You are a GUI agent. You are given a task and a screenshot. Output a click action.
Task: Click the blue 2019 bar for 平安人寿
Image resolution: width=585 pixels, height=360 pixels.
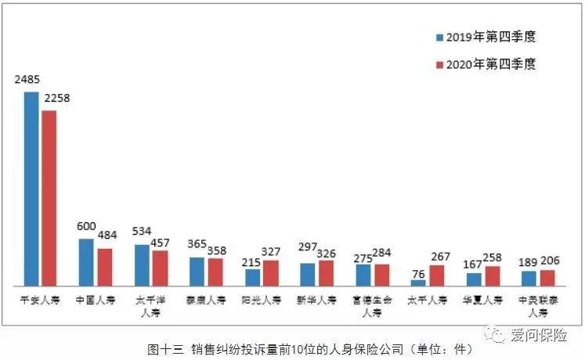(x=31, y=188)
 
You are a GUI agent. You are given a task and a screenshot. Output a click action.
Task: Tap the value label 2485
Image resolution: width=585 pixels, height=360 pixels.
(x=27, y=80)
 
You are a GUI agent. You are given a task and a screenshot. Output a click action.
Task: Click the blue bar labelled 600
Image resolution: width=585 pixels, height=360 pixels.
(x=86, y=261)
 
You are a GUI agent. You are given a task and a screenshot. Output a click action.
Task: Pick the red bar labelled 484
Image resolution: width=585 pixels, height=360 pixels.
(x=104, y=266)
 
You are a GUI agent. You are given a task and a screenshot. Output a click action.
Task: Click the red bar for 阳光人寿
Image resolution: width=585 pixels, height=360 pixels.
(x=271, y=272)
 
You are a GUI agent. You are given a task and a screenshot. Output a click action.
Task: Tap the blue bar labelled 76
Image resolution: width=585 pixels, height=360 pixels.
(x=418, y=281)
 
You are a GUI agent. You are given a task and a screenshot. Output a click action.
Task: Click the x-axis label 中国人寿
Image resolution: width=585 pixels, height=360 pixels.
(x=95, y=299)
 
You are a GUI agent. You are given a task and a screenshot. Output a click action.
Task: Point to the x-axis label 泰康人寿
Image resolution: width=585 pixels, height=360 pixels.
(x=206, y=299)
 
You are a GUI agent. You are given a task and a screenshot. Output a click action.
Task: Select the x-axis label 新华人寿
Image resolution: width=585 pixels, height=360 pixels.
(x=317, y=299)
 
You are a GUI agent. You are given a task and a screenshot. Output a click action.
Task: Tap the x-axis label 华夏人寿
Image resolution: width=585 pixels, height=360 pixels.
(x=483, y=299)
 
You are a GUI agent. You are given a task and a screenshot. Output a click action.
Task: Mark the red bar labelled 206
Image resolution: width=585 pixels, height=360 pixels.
(x=547, y=277)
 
